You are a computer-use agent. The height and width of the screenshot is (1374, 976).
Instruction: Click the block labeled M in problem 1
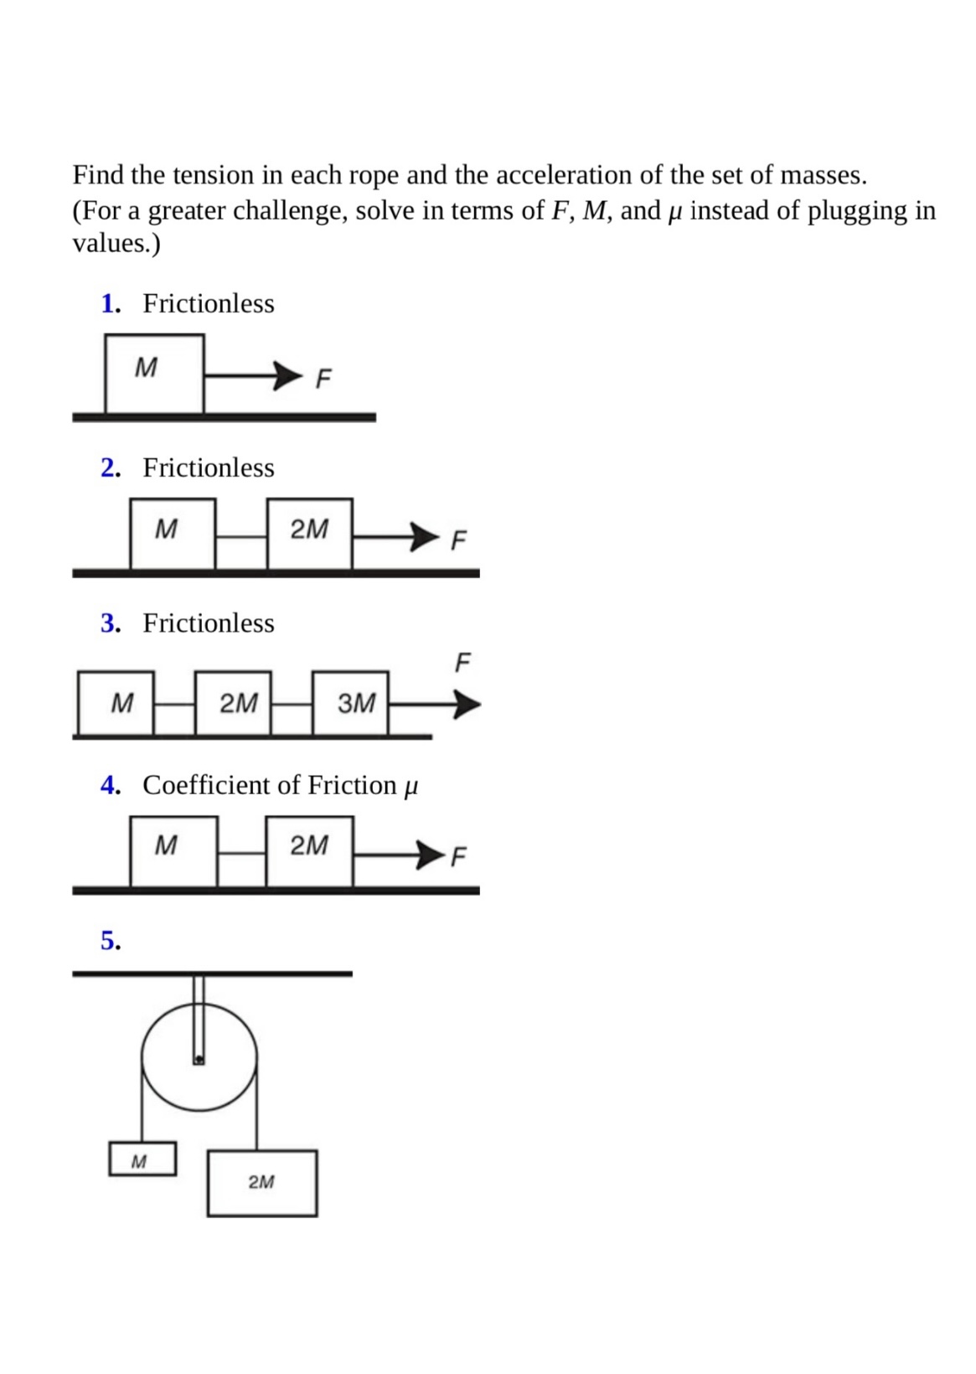point(154,373)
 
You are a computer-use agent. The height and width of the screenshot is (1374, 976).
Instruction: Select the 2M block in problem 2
point(309,534)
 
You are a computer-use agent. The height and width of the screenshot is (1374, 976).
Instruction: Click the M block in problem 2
point(172,534)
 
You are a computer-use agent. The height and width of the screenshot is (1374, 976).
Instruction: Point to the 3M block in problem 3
point(350,703)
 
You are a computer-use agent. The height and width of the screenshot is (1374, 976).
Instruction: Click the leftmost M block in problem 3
point(116,703)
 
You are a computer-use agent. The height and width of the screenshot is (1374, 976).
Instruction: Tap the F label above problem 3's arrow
point(462,663)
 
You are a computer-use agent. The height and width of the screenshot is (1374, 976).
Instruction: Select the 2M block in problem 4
point(309,850)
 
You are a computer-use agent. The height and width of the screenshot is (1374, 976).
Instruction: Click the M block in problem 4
point(173,850)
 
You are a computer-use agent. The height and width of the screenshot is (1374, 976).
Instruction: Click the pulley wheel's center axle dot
point(199,1060)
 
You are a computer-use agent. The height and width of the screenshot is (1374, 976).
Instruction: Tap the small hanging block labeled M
point(142,1160)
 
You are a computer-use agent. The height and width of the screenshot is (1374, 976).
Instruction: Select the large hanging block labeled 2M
point(262,1183)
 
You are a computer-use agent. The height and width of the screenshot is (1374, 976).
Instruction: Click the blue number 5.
point(111,940)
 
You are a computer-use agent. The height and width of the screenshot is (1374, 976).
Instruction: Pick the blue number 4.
point(110,785)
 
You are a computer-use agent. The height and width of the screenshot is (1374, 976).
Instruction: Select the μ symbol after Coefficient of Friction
point(411,787)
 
